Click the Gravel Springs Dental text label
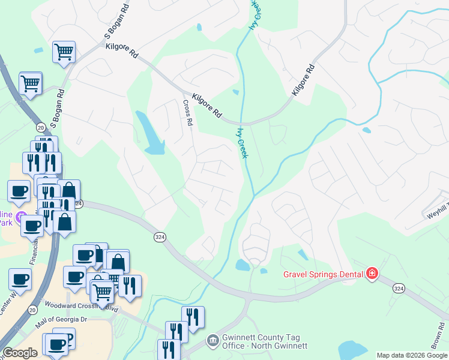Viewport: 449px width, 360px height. pyautogui.click(x=323, y=275)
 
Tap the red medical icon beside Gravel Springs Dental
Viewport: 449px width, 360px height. pyautogui.click(x=372, y=274)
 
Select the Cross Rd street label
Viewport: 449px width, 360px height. pyautogui.click(x=187, y=112)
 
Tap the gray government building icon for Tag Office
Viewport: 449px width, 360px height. pyautogui.click(x=212, y=341)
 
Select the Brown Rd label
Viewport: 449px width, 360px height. pyautogui.click(x=435, y=343)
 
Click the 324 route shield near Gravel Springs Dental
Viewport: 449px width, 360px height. pyautogui.click(x=398, y=289)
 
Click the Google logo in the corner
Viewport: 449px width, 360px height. pyautogui.click(x=20, y=353)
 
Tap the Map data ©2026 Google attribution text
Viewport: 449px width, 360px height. pyautogui.click(x=411, y=355)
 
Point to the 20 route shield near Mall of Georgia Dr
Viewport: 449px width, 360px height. pyautogui.click(x=32, y=310)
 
